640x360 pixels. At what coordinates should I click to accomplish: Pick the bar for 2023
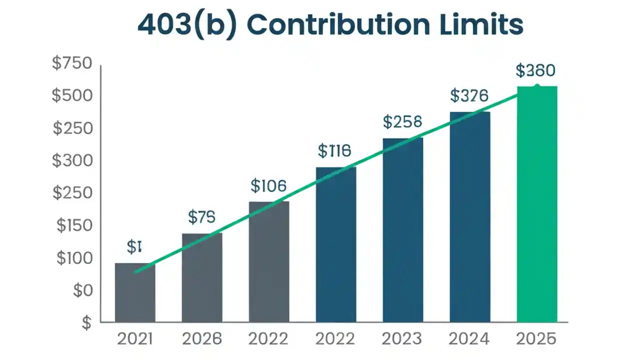pos(402,229)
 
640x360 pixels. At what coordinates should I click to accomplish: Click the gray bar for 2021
pos(135,292)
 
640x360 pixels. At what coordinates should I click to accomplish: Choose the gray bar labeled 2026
pos(201,277)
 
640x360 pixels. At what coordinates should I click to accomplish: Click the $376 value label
pos(469,95)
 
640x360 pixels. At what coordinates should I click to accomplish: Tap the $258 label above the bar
pos(402,121)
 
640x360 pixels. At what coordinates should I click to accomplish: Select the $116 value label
pos(334,150)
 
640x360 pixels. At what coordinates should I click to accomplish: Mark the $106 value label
pos(268,186)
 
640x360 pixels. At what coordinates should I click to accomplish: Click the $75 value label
pos(201,216)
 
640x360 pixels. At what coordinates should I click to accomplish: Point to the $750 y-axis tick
pos(72,63)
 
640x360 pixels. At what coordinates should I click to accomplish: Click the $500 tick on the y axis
pos(72,95)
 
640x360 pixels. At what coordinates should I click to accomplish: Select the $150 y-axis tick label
pos(74,225)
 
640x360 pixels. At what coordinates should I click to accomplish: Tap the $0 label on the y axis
pos(83,290)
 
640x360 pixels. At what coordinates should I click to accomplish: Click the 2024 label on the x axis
pos(469,339)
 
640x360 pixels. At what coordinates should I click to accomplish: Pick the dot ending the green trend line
pos(536,87)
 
